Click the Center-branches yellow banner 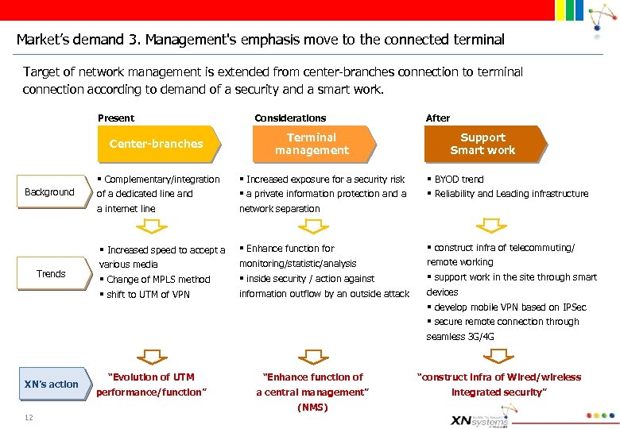tap(156, 144)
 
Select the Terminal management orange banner tap(312, 144)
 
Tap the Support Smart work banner tap(482, 144)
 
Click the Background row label tap(49, 192)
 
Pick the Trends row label tap(51, 274)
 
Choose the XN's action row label tap(52, 385)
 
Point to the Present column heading tap(116, 118)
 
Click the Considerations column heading tap(290, 118)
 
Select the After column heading tap(438, 118)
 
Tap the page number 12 tap(28, 418)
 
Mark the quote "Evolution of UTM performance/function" tap(151, 385)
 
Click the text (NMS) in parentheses tap(312, 408)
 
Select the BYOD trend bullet tap(455, 180)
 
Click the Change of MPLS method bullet tap(155, 280)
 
